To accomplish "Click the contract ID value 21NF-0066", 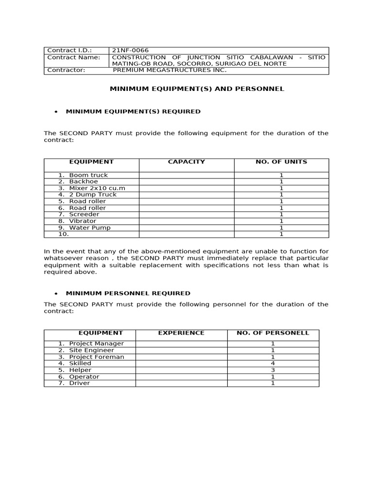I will (130, 50).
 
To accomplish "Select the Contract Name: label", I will (73, 57).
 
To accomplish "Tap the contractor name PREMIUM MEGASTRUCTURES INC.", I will (170, 70).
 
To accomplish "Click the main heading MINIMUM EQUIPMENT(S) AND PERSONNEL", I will (197, 89).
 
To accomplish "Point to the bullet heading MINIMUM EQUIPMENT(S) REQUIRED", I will (133, 111).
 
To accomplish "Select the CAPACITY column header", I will (186, 162).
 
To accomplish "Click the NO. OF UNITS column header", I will (281, 162).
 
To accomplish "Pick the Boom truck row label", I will (88, 175).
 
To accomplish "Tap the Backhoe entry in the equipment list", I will (83, 181).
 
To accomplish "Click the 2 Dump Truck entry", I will (93, 195).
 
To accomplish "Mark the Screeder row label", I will (84, 214).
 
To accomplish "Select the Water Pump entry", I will (89, 228).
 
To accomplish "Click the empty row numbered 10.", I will (64, 234).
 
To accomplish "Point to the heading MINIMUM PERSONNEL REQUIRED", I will (128, 293).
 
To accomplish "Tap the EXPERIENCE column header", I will (181, 333).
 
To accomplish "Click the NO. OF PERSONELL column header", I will (272, 333).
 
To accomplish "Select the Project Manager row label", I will (96, 344).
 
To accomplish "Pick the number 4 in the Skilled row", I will (272, 363).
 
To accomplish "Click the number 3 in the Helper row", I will (272, 370).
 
